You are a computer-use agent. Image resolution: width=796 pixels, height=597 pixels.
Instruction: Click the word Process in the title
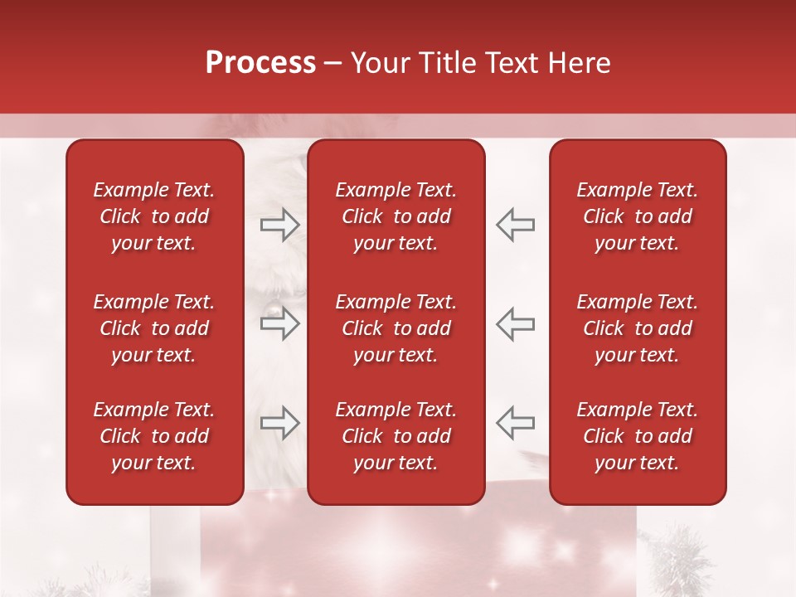coord(260,63)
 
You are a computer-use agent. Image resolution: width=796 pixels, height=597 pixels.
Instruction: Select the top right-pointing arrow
coord(280,224)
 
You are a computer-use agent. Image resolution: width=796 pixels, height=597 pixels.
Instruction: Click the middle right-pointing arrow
coord(280,324)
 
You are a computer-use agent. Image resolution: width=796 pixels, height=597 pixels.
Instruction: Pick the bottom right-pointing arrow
coord(280,423)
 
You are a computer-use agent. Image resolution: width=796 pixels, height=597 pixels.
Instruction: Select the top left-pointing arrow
coord(515,224)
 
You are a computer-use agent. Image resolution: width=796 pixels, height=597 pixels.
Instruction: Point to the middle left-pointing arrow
coord(515,324)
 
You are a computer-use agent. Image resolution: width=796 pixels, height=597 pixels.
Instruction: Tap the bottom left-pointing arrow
coord(515,423)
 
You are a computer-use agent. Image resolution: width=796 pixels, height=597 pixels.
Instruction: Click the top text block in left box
coord(154,216)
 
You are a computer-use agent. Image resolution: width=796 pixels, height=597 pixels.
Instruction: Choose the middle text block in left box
coord(154,328)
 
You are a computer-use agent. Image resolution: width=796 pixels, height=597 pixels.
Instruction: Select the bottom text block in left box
coord(154,436)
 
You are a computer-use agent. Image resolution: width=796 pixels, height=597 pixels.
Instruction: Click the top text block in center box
coord(396,216)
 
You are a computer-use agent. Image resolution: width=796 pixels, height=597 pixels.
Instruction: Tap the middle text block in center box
coord(396,328)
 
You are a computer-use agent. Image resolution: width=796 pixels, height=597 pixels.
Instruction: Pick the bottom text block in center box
coord(396,436)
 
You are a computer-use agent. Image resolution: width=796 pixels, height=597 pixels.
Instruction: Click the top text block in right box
coord(637,216)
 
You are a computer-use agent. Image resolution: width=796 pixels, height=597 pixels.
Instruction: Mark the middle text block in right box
coord(637,328)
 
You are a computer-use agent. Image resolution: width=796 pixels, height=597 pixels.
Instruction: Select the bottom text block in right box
coord(637,436)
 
